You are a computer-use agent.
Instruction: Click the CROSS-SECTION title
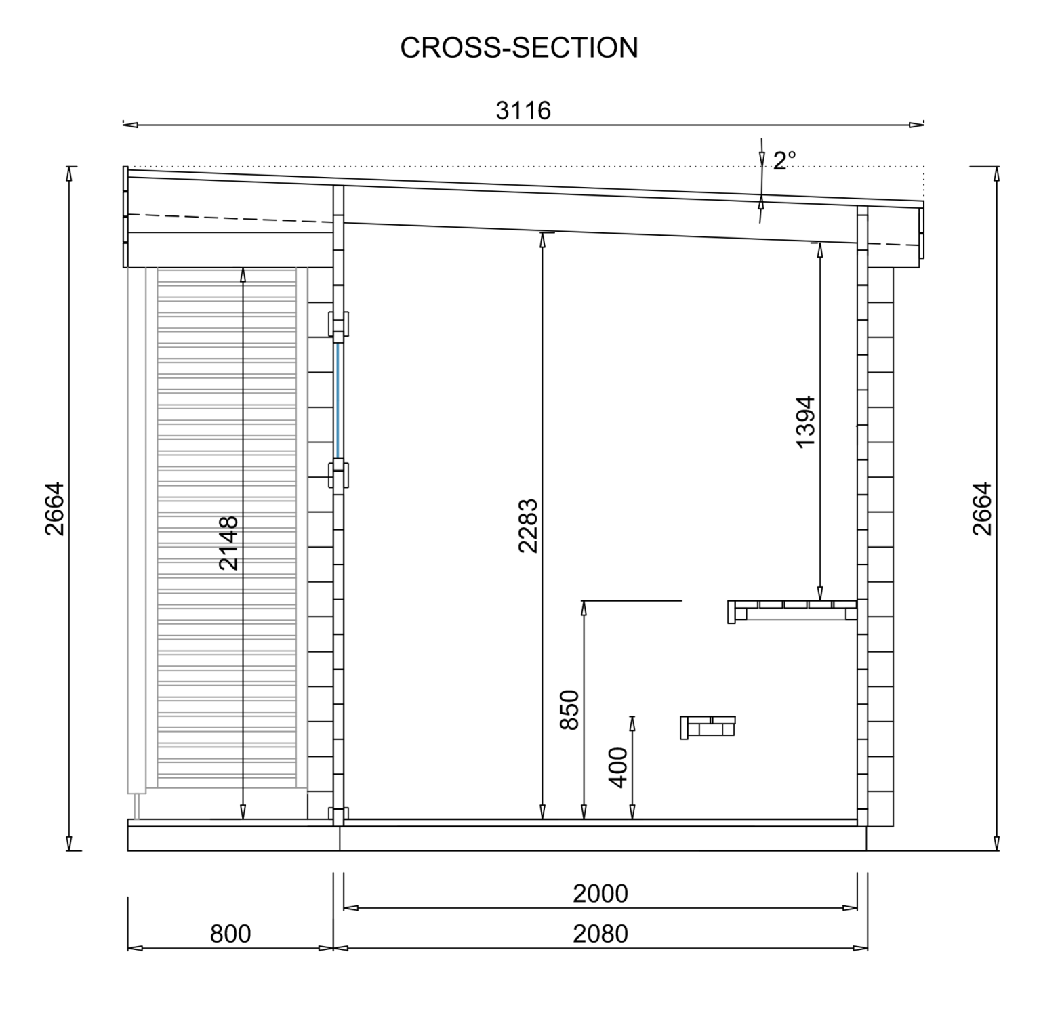(x=519, y=47)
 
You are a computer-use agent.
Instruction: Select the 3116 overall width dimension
(x=523, y=110)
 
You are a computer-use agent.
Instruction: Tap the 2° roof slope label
(x=784, y=161)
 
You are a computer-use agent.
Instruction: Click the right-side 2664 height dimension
(x=982, y=508)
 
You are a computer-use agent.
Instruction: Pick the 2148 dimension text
(x=229, y=543)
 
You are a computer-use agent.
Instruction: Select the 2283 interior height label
(x=528, y=525)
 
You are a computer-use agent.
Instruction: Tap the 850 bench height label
(x=570, y=709)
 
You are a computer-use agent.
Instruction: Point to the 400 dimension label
(x=619, y=768)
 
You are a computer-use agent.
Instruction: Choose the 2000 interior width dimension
(x=600, y=894)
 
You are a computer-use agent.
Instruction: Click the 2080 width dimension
(x=600, y=934)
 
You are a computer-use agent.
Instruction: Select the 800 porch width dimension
(x=230, y=934)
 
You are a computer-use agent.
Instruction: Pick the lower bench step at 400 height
(x=708, y=726)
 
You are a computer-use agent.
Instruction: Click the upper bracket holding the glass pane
(x=339, y=325)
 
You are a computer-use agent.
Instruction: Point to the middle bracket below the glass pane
(x=339, y=474)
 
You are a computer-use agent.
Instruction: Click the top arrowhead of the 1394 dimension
(x=820, y=248)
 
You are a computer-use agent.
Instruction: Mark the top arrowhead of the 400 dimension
(x=632, y=722)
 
